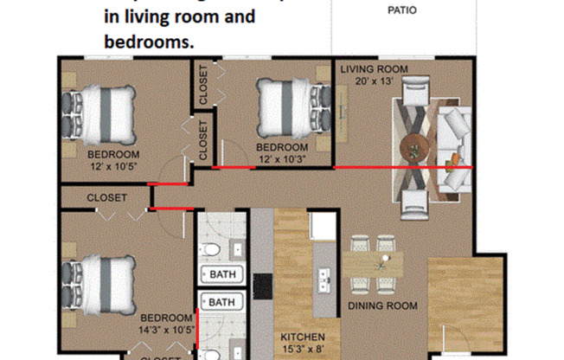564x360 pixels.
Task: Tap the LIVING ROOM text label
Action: pos(374,69)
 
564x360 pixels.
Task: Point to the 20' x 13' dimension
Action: pos(374,80)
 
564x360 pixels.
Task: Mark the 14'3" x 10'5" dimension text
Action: pos(166,330)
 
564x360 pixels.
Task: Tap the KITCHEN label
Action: pos(302,337)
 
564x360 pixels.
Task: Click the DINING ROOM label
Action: pos(382,305)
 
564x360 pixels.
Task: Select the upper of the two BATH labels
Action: pos(223,275)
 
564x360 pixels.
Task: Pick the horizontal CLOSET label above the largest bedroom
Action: pos(106,198)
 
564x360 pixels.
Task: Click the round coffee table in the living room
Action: pos(415,145)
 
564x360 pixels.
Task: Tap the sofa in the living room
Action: pos(453,144)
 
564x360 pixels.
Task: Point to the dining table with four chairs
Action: pos(374,263)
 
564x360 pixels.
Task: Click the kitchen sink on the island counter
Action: pos(325,279)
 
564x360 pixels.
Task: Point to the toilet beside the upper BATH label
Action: pos(212,251)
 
